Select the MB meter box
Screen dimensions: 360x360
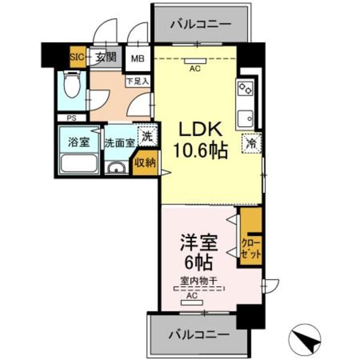(138, 59)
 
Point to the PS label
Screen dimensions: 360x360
(71, 118)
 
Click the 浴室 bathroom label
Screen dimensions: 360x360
(79, 143)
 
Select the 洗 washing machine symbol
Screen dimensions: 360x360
(147, 136)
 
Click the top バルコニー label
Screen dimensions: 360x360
(200, 25)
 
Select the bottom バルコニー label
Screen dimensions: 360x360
(198, 333)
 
